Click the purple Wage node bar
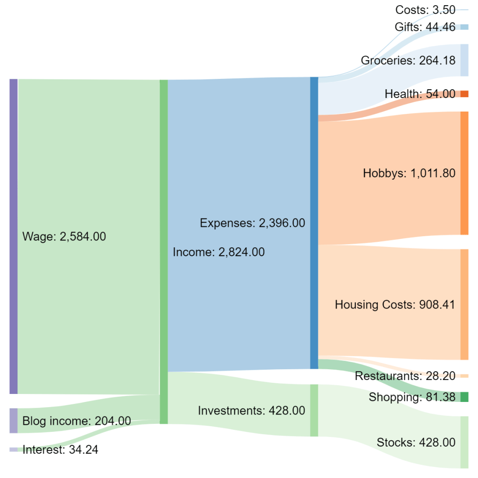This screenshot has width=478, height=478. coord(14,236)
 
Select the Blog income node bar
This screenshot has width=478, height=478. coord(14,421)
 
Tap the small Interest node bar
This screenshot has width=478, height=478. coord(14,450)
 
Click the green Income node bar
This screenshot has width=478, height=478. coord(163,252)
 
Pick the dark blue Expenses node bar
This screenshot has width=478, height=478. coord(314,223)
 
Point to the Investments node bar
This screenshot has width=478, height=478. coord(314,410)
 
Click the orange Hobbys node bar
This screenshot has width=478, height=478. coord(464,173)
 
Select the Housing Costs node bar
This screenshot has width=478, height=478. coord(464,304)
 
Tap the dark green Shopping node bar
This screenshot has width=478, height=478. coord(464,397)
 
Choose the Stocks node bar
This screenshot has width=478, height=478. coord(464,442)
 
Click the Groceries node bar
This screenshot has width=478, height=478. coord(464,60)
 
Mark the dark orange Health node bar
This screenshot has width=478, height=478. coord(464,94)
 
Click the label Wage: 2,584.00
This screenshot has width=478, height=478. coord(64,237)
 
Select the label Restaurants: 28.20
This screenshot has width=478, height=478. coord(405,376)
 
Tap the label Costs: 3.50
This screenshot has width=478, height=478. coord(425,10)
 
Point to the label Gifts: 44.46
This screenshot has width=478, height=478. coord(425,27)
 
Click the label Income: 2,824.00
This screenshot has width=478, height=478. coord(218,253)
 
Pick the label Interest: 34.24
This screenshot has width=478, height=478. coord(60,450)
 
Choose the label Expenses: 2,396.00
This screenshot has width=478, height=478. coord(252,223)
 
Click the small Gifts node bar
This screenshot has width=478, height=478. coord(464,27)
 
